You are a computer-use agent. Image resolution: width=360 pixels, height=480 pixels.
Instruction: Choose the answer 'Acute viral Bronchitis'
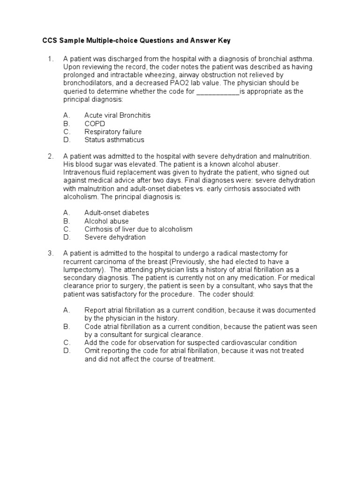pyautogui.click(x=117, y=115)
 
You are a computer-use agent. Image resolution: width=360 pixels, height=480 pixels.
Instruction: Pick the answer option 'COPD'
pyautogui.click(x=95, y=124)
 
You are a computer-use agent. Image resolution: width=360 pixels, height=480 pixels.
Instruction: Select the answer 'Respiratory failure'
pyautogui.click(x=113, y=132)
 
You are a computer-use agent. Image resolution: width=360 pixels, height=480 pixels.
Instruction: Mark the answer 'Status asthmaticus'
pyautogui.click(x=114, y=140)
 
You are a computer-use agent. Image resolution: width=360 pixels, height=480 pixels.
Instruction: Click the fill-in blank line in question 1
pyautogui.click(x=217, y=91)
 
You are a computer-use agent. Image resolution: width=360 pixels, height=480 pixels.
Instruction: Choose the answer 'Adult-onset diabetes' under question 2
pyautogui.click(x=116, y=213)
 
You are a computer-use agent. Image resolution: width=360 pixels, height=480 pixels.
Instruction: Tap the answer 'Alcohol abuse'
pyautogui.click(x=106, y=221)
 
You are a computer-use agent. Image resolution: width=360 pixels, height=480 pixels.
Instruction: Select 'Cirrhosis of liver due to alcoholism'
pyautogui.click(x=138, y=229)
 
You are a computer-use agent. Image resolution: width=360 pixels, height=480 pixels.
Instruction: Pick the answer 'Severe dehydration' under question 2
pyautogui.click(x=115, y=237)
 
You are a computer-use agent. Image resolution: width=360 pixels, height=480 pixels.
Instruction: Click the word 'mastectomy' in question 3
pyautogui.click(x=258, y=253)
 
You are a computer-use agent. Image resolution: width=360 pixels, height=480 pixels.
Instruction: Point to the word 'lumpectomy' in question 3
pyautogui.click(x=82, y=270)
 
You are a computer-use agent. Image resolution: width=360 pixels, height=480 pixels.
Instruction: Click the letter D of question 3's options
pyautogui.click(x=67, y=351)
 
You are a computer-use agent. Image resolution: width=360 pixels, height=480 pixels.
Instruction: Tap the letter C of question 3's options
pyautogui.click(x=67, y=343)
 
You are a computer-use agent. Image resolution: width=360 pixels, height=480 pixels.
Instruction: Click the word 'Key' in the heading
pyautogui.click(x=224, y=41)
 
